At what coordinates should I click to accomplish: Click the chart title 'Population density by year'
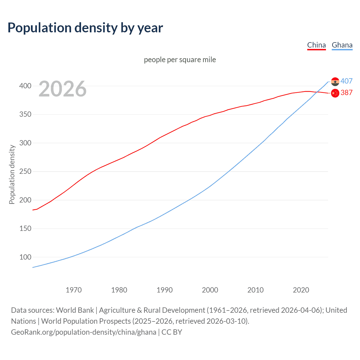tap(85, 28)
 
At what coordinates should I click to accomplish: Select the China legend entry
tap(316, 45)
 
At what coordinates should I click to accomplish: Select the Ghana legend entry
tap(342, 45)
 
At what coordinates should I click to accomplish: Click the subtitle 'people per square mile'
tap(180, 60)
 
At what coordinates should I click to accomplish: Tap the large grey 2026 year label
tap(62, 89)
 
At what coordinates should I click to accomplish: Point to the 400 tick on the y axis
tap(25, 86)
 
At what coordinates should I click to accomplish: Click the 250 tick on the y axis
tap(25, 171)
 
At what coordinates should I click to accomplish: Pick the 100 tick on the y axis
tap(25, 257)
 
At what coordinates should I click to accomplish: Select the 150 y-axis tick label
tap(25, 228)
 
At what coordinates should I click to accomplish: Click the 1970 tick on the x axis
tap(74, 290)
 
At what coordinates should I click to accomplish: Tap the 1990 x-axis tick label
tap(165, 290)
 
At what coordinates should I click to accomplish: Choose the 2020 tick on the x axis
tap(301, 290)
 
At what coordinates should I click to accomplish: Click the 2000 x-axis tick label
tap(210, 290)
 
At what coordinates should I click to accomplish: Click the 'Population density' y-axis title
tap(12, 174)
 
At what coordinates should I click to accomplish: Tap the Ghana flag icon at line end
tap(335, 82)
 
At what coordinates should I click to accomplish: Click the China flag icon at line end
tap(335, 93)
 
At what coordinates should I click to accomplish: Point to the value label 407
tap(346, 81)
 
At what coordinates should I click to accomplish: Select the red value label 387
tap(346, 93)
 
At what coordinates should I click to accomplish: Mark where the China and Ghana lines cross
tap(317, 92)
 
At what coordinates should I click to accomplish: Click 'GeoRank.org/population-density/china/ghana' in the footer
tap(84, 332)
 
